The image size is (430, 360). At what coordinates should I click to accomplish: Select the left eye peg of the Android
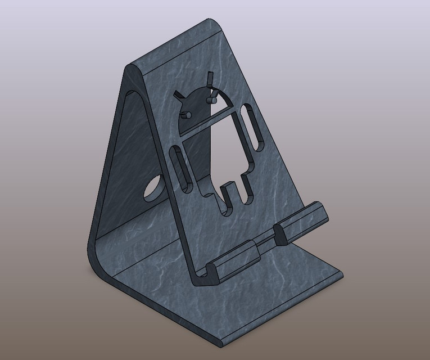(x=188, y=115)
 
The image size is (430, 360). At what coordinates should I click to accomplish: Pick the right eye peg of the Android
(x=213, y=100)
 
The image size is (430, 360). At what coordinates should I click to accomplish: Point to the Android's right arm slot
(x=251, y=127)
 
